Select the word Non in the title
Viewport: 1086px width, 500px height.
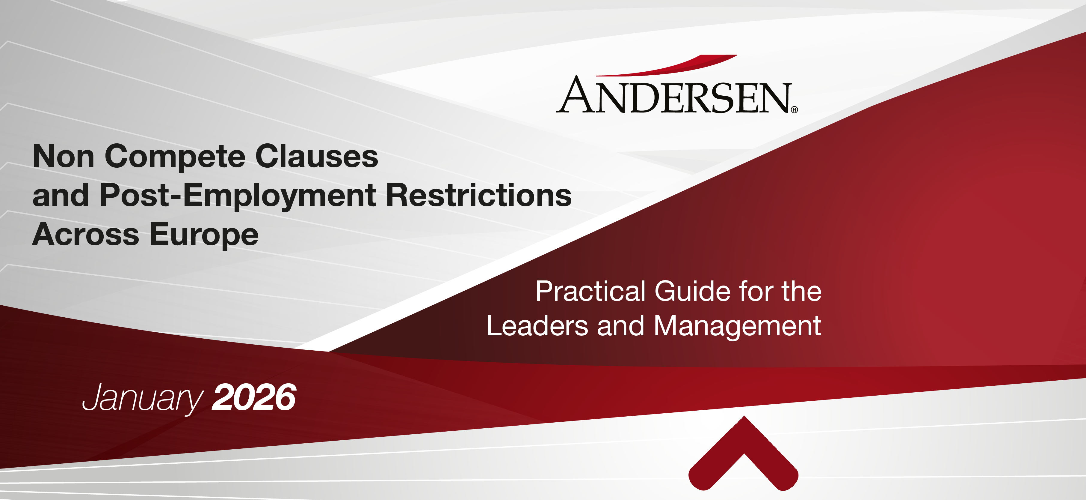(x=64, y=156)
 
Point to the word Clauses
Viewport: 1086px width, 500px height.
(x=317, y=156)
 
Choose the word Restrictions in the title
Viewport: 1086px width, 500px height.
(x=479, y=195)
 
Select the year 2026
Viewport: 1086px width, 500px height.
(x=254, y=397)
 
